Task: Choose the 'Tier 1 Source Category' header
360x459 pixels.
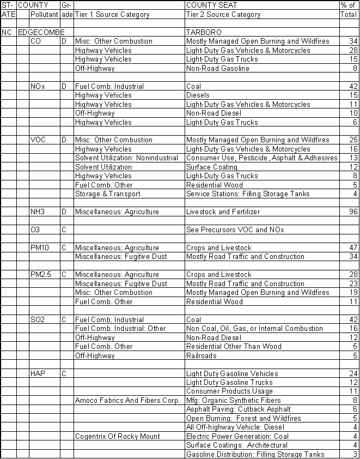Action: click(x=112, y=15)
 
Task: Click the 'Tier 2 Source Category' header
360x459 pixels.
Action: click(x=223, y=15)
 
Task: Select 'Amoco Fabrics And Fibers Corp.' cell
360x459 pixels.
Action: click(x=127, y=401)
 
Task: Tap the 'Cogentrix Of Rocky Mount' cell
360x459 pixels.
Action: click(x=118, y=437)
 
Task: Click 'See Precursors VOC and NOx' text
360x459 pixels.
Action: click(x=235, y=230)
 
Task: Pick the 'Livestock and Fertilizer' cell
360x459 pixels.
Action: click(x=223, y=212)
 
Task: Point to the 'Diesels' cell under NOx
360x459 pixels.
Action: click(x=198, y=95)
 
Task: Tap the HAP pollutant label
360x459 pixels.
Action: click(x=38, y=374)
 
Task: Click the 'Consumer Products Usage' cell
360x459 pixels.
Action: click(x=229, y=391)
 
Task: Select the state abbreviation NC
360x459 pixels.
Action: click(x=7, y=33)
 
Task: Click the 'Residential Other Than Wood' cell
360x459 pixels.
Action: click(x=233, y=347)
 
